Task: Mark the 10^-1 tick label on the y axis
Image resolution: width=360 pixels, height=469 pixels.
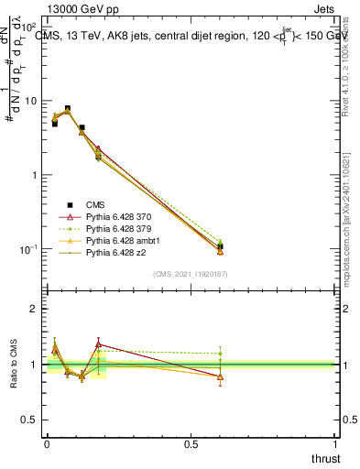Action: click(x=28, y=249)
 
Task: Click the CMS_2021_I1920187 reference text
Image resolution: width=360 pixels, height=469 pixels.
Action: click(x=190, y=274)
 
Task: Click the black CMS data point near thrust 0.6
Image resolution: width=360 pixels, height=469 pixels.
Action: click(x=221, y=246)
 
